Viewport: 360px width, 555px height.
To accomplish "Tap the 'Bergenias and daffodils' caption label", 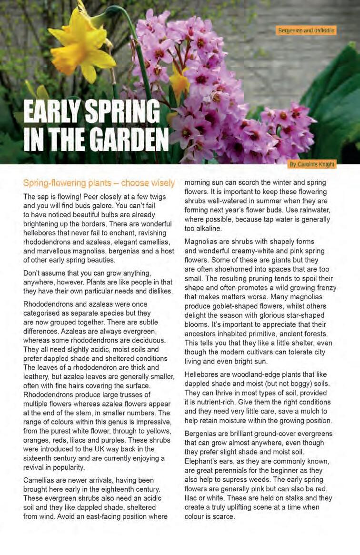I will tap(306, 30).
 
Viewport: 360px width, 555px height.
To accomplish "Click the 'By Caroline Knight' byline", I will tap(312, 164).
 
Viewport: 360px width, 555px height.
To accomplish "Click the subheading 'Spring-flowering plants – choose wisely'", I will tap(99, 183).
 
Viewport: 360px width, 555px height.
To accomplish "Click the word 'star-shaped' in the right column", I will tap(317, 315).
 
